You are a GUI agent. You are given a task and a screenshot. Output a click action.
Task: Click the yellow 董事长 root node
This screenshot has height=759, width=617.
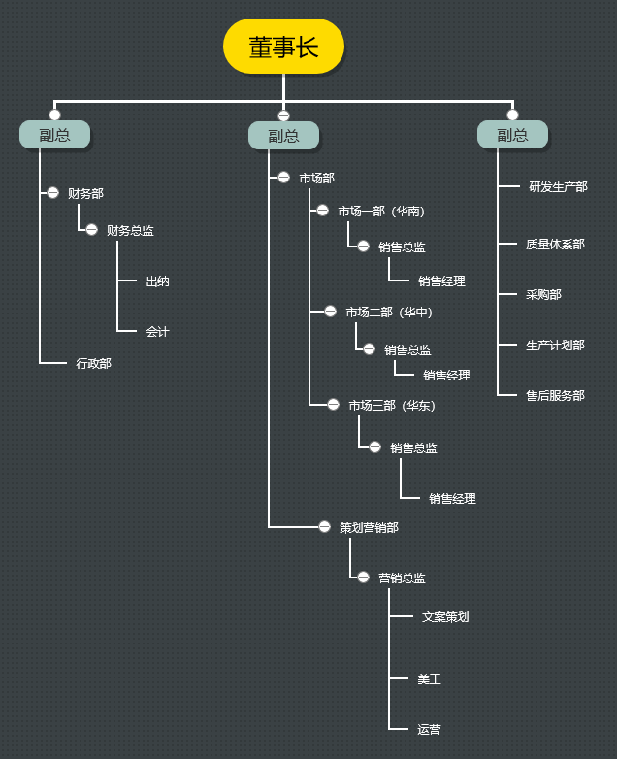click(283, 47)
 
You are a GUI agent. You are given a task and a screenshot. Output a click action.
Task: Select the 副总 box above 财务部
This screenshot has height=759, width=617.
click(55, 135)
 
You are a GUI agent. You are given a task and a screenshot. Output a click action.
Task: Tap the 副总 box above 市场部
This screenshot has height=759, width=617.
click(283, 136)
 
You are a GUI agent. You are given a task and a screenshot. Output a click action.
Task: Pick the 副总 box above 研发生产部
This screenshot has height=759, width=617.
click(512, 135)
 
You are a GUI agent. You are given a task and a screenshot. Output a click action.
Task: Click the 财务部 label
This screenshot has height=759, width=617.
click(85, 193)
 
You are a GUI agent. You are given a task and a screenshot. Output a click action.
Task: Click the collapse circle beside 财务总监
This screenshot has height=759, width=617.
click(91, 230)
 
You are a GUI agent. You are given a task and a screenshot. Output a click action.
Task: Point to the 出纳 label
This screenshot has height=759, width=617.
click(157, 281)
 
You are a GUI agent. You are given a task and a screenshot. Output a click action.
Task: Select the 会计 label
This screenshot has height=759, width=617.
click(157, 332)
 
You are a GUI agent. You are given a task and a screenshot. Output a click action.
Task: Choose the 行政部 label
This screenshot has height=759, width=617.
click(93, 363)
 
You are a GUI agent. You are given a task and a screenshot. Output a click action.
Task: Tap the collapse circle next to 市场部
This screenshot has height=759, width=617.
click(283, 178)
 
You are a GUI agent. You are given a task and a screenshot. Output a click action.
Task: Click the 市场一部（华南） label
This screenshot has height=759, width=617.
click(381, 211)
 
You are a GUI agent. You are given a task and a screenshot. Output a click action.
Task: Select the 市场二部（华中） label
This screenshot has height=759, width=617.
click(389, 312)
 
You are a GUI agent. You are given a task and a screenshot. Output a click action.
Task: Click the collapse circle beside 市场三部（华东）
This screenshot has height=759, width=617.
click(333, 405)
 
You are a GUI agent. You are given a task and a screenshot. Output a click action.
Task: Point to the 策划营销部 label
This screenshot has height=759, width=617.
click(369, 527)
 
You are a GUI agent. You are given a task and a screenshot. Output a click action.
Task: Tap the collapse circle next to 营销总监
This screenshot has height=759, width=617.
click(363, 577)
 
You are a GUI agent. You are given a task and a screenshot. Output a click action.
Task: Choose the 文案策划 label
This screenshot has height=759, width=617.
click(445, 616)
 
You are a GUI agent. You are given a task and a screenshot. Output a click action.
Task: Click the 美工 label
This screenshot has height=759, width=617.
click(429, 679)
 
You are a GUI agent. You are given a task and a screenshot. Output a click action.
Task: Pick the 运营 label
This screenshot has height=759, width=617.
click(429, 729)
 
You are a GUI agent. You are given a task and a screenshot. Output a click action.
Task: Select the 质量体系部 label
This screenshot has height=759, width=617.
click(555, 245)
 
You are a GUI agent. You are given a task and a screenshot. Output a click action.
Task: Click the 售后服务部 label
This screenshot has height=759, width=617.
click(555, 395)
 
